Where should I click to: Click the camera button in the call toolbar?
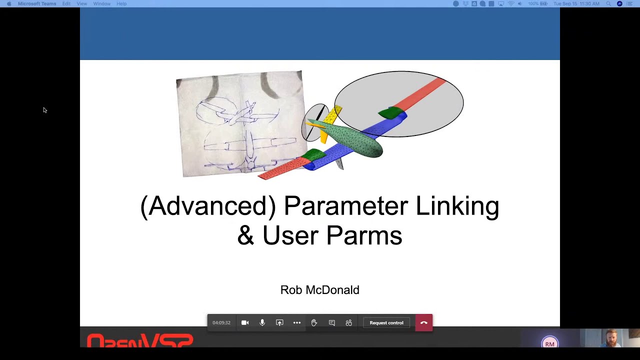tap(245, 322)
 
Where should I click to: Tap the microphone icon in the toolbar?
tap(262, 322)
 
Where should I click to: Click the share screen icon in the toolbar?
tap(279, 322)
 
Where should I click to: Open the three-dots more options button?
tap(297, 322)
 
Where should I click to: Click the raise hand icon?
tap(314, 322)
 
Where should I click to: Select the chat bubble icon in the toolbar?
tap(331, 322)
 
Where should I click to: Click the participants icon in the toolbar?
tap(349, 322)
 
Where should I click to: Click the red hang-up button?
tap(423, 322)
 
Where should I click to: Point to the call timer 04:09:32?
tap(221, 322)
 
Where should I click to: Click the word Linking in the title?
tap(457, 206)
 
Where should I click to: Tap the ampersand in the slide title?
tap(245, 235)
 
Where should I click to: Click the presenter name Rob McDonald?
tap(319, 290)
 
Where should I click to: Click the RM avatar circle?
tap(549, 343)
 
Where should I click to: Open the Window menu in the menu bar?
tap(101, 3)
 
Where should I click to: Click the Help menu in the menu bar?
tap(121, 3)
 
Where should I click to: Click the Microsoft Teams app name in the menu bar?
tap(37, 3)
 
